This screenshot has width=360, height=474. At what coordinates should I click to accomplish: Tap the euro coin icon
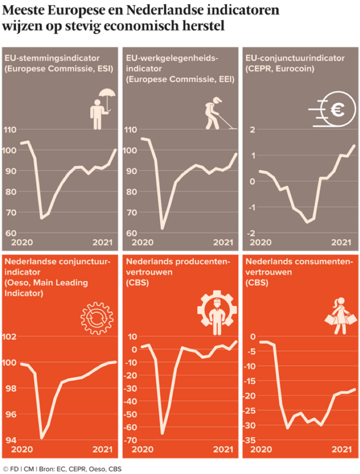coord(332,110)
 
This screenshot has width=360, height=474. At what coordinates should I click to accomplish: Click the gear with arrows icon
coord(96,318)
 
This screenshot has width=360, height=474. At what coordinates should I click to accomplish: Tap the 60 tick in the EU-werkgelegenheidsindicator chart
coord(131,233)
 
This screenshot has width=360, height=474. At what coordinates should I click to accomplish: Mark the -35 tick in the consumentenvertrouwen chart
coord(252,440)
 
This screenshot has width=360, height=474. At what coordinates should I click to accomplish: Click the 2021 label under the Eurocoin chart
coord(341,243)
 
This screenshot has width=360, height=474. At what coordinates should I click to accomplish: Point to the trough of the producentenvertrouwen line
coord(162,433)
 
